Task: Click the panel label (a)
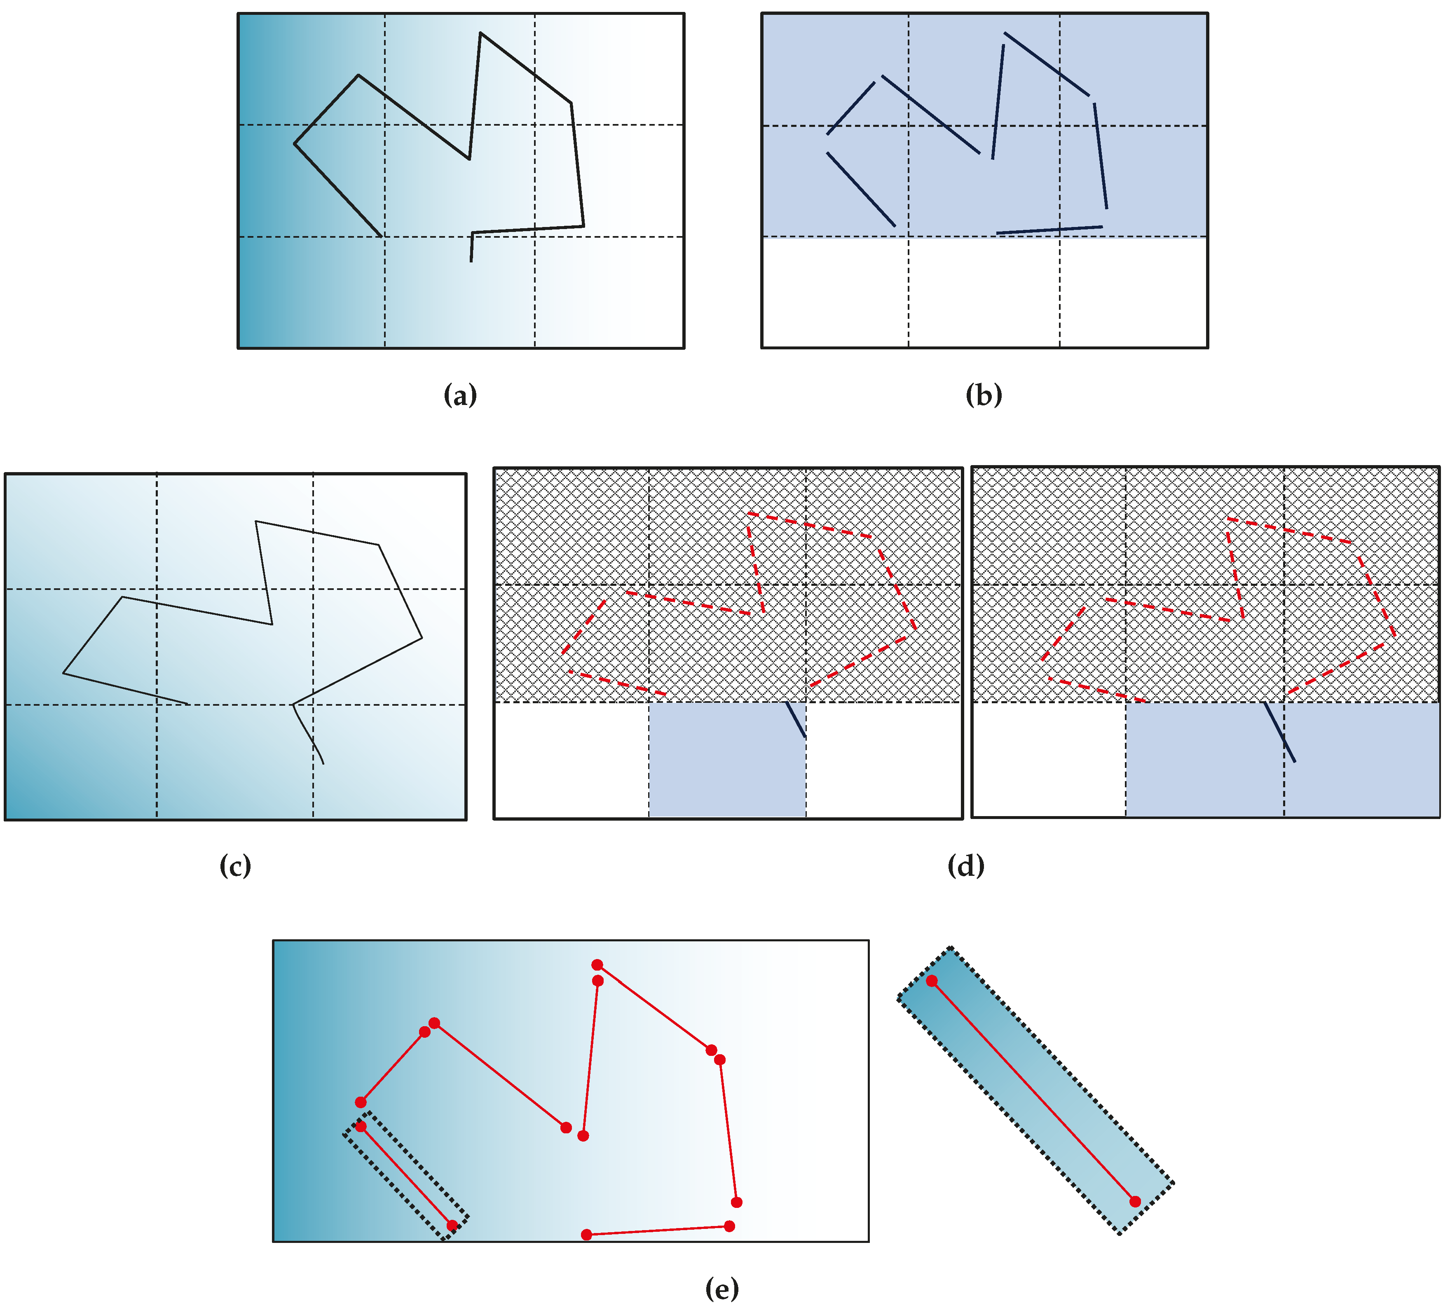tap(460, 395)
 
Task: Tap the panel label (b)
tap(984, 395)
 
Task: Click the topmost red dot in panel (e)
tap(597, 964)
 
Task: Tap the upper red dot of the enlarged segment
tap(932, 981)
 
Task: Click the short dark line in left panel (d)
tap(795, 719)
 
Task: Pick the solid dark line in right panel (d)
tap(1280, 732)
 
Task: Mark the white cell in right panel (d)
tap(1049, 759)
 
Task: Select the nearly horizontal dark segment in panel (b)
tap(1049, 230)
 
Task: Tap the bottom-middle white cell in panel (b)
tap(984, 292)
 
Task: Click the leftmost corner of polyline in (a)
tap(295, 144)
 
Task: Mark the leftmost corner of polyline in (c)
tap(63, 674)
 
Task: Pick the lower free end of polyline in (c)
tap(323, 763)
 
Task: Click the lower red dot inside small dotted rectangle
tap(452, 1225)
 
